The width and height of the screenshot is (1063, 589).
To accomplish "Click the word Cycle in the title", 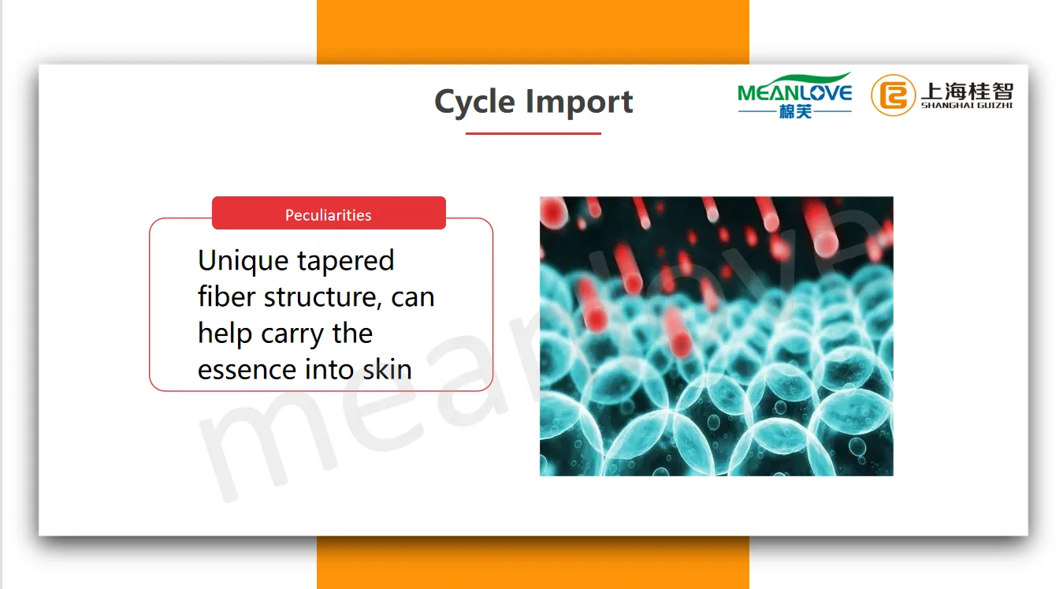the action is [474, 102].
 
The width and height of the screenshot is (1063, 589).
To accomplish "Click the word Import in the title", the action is [579, 102].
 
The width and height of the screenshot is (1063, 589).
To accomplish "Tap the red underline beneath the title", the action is [533, 133].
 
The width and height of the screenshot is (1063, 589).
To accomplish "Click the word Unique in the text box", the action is [243, 261].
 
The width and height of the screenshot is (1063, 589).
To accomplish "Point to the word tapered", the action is [345, 261].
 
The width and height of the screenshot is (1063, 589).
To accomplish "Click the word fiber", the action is [226, 296].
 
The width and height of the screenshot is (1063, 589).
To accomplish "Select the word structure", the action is [323, 297].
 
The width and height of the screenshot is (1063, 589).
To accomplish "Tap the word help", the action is [225, 334].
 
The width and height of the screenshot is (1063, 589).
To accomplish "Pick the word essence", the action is [247, 370].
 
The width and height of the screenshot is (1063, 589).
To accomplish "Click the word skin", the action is [387, 369].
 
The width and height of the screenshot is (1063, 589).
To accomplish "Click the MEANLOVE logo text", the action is [795, 93].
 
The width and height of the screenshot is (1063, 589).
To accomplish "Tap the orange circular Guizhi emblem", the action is [893, 95].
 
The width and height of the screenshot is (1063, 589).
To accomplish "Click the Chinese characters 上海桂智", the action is [967, 91].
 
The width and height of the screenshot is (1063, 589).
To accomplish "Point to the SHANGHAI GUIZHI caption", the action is [967, 106].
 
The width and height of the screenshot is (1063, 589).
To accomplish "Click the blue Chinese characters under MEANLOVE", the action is [795, 112].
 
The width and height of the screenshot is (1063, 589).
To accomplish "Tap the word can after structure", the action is [413, 298].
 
